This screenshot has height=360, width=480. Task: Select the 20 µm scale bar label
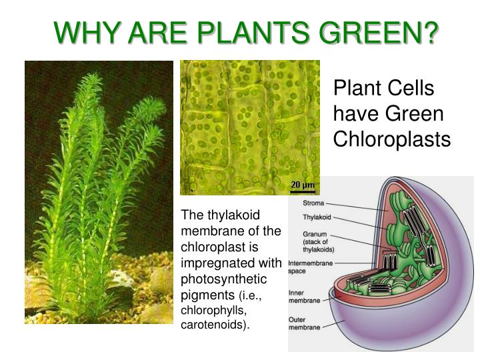click(x=302, y=185)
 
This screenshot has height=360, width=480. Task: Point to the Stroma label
click(x=314, y=202)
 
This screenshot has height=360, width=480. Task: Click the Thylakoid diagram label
click(x=317, y=217)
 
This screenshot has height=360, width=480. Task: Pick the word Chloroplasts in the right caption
click(x=392, y=139)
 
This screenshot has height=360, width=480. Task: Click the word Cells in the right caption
click(x=413, y=89)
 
